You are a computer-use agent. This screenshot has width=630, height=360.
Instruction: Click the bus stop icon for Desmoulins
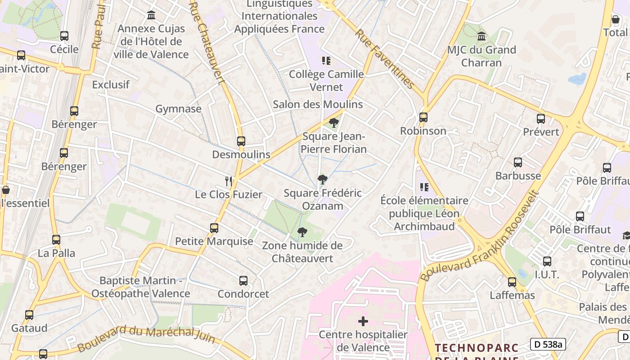click(x=241, y=141)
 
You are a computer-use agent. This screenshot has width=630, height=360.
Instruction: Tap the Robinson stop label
click(x=423, y=131)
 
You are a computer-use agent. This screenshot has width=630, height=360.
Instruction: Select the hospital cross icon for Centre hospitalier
click(x=363, y=321)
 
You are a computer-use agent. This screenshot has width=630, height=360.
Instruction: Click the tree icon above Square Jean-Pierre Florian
click(x=333, y=123)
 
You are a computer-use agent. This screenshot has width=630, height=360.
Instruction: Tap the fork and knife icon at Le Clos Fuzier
click(x=229, y=181)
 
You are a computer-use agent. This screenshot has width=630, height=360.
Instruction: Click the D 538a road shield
click(x=548, y=344)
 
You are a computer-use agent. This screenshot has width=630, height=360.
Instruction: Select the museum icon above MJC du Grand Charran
click(x=481, y=36)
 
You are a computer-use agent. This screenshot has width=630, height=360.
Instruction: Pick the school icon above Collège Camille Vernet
click(x=326, y=61)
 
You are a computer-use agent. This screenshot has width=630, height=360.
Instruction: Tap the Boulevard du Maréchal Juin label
click(x=146, y=336)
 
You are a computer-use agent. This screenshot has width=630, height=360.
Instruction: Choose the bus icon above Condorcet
click(x=243, y=281)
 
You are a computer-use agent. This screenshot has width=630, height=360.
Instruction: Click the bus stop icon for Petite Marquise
click(x=214, y=228)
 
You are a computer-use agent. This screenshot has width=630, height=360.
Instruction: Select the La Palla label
click(x=56, y=253)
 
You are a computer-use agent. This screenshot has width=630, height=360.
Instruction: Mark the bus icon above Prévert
click(x=541, y=119)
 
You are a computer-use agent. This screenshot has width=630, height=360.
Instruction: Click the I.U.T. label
click(x=547, y=274)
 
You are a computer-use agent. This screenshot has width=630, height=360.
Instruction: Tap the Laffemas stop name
click(x=512, y=295)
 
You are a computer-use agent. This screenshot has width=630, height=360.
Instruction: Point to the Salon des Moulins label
click(x=318, y=104)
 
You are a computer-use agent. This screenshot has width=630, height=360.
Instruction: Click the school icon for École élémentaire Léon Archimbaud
click(x=424, y=187)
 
